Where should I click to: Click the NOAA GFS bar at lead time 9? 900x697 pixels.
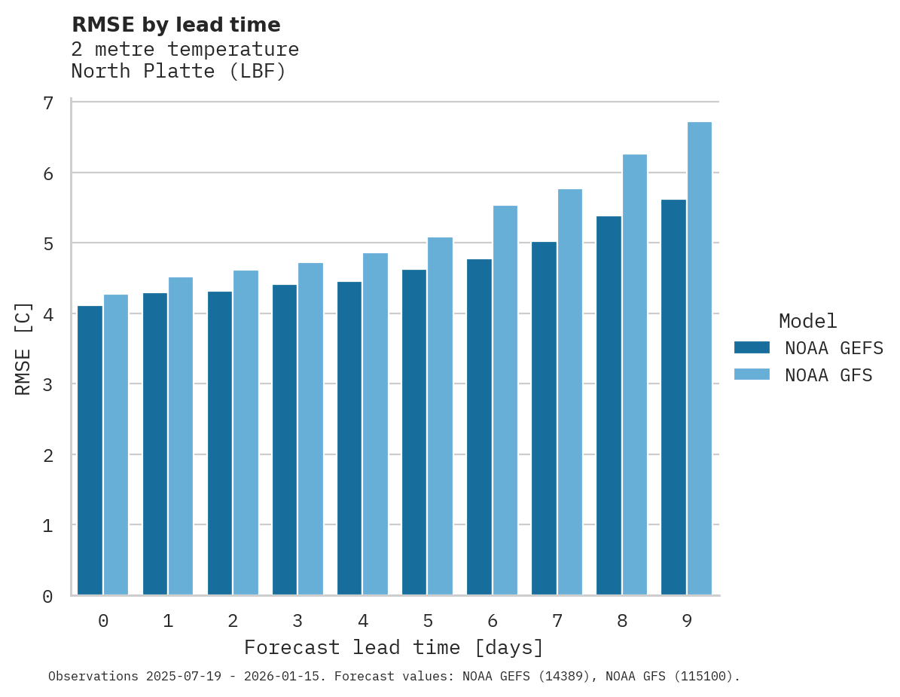point(700,358)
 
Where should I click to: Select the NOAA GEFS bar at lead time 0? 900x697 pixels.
point(90,450)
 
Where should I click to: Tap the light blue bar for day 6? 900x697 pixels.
point(505,400)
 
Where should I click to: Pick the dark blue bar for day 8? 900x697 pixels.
point(609,405)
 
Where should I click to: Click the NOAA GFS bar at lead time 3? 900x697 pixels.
point(311,429)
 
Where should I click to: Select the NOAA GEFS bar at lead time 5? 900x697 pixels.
point(414,432)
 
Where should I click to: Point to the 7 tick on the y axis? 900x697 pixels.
point(48,102)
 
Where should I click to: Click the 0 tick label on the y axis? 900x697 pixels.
point(48,596)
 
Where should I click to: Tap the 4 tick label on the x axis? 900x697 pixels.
point(363,621)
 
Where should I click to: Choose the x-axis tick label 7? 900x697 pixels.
point(557,621)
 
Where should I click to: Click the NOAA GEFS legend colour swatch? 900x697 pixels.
point(752,347)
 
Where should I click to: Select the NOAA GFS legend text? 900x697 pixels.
point(828,375)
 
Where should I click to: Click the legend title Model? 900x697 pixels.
point(807,321)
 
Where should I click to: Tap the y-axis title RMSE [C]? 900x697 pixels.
point(23,348)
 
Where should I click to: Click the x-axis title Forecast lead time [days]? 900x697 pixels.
point(394,647)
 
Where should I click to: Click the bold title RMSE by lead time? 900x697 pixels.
point(175,25)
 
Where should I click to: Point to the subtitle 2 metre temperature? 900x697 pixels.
point(185,50)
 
